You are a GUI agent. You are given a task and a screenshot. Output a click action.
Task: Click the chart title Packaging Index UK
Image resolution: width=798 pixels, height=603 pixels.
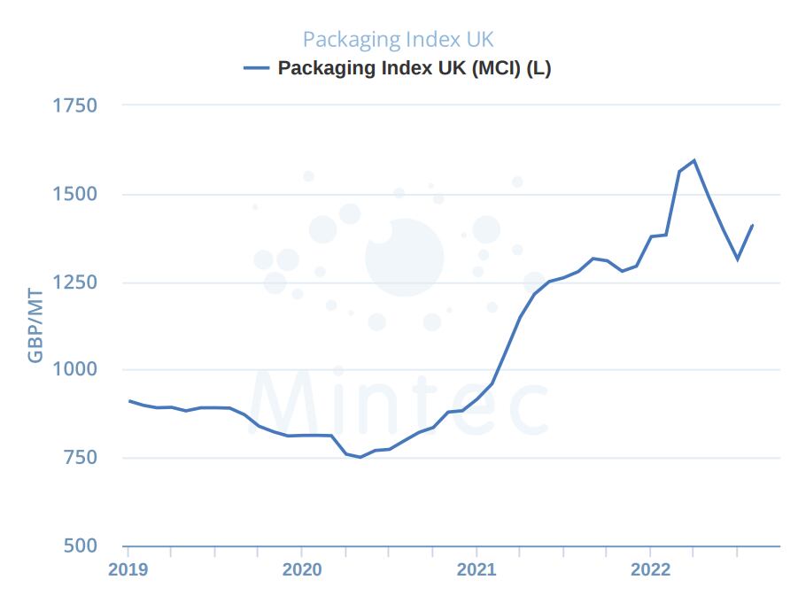click(x=398, y=40)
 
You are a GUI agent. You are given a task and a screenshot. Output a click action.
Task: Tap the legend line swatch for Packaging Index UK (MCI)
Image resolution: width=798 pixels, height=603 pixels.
click(x=256, y=68)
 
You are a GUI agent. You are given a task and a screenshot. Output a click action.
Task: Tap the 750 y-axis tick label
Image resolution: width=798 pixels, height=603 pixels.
click(x=80, y=458)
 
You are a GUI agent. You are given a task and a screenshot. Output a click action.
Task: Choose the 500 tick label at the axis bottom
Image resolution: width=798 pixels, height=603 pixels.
click(x=80, y=545)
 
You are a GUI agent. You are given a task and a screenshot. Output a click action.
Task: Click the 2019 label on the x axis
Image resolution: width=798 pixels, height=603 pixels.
click(x=128, y=569)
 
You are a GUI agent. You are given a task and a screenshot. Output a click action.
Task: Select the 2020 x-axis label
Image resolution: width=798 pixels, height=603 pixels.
click(x=301, y=569)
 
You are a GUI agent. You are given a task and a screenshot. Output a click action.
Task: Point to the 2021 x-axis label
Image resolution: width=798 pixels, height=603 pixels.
click(x=476, y=569)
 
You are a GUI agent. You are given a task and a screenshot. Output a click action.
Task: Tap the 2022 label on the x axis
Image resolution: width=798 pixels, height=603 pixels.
click(x=650, y=569)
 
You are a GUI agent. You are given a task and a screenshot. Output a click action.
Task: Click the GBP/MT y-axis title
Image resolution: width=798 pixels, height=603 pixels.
click(x=35, y=324)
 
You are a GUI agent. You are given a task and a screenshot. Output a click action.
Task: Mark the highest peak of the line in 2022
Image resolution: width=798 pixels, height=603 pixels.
click(x=693, y=160)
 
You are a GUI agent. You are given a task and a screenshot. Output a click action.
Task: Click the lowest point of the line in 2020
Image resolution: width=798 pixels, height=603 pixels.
click(x=360, y=457)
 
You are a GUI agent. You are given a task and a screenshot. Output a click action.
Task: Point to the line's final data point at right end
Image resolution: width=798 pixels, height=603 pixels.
click(x=752, y=225)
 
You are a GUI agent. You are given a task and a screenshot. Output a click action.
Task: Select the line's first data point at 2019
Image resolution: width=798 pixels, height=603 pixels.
click(x=129, y=401)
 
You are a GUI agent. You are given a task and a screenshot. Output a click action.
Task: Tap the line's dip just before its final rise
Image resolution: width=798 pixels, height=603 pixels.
click(x=737, y=259)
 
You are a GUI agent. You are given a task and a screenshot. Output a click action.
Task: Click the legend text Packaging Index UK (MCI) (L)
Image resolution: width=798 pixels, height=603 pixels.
click(x=414, y=68)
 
